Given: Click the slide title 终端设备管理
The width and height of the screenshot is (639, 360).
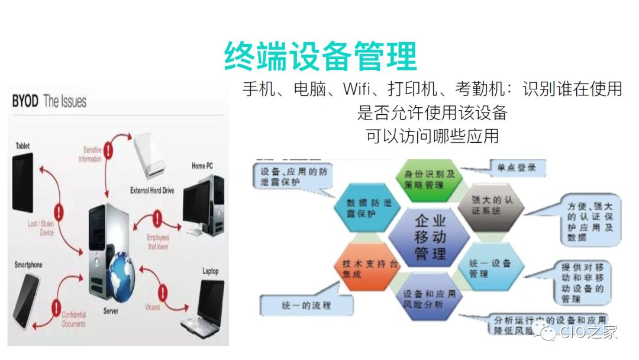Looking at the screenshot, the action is point(320,56).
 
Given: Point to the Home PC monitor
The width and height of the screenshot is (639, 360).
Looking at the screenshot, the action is point(203,195).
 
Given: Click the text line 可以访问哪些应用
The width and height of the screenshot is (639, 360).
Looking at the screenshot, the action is point(432,136).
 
